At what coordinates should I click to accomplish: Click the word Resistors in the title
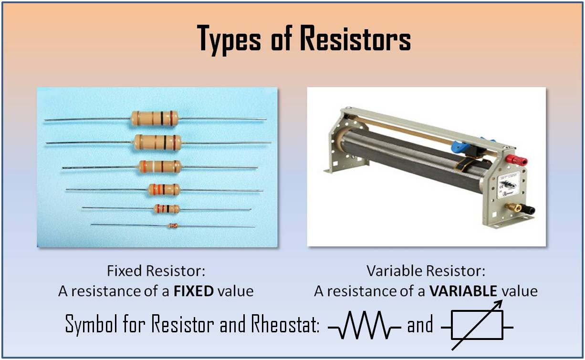355,38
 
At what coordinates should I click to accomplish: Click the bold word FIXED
194,291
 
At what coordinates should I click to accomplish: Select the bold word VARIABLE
463,291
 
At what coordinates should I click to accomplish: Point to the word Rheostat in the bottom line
285,324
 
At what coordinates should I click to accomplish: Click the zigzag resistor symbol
365,325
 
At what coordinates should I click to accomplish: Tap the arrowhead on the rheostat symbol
498,304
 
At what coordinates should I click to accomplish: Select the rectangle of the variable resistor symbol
477,325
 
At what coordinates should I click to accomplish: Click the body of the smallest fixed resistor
173,226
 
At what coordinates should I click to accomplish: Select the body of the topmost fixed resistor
155,119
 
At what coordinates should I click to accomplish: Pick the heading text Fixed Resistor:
156,271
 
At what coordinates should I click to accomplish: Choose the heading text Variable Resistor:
426,271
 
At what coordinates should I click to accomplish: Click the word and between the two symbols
420,325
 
